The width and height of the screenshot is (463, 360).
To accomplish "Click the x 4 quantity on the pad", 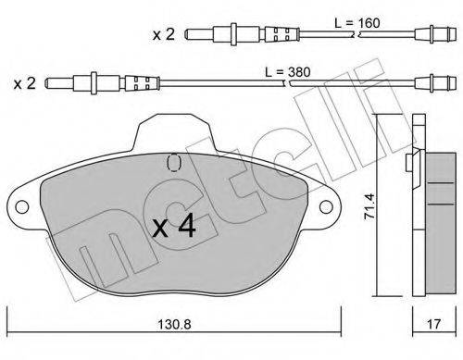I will (x=173, y=228).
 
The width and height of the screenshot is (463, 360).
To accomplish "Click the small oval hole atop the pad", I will (x=171, y=161).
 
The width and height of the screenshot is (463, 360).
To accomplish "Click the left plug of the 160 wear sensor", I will (x=196, y=35).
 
